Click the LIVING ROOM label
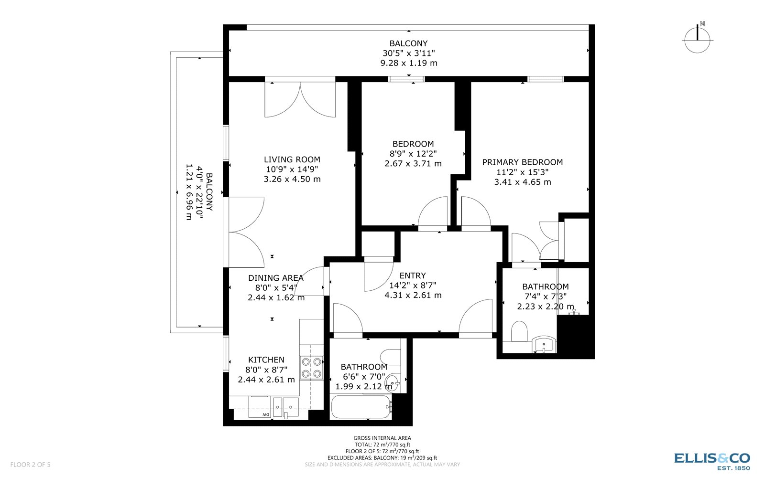[292, 159]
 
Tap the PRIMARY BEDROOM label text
[522, 162]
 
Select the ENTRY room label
[412, 276]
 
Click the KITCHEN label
[266, 360]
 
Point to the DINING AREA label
[275, 278]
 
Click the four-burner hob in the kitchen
[311, 368]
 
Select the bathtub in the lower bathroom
[361, 407]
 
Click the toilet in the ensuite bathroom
[519, 331]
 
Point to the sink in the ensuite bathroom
[544, 344]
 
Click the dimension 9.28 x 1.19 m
[408, 63]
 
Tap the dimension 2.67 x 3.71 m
[413, 163]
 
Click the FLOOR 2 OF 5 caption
[30, 465]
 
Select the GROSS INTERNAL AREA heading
[382, 438]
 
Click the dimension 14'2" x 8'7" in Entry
[412, 286]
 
